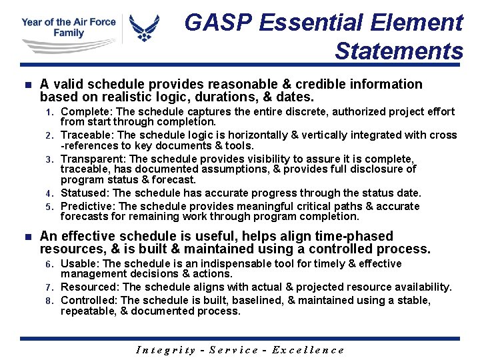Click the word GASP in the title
pos(213,23)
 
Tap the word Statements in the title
pos(399,51)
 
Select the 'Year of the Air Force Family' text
pos(68,27)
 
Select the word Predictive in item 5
pos(87,206)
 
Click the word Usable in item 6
pos(79,264)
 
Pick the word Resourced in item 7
pos(88,287)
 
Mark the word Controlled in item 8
pos(88,300)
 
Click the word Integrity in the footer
pos(165,350)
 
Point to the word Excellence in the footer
pos(310,350)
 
